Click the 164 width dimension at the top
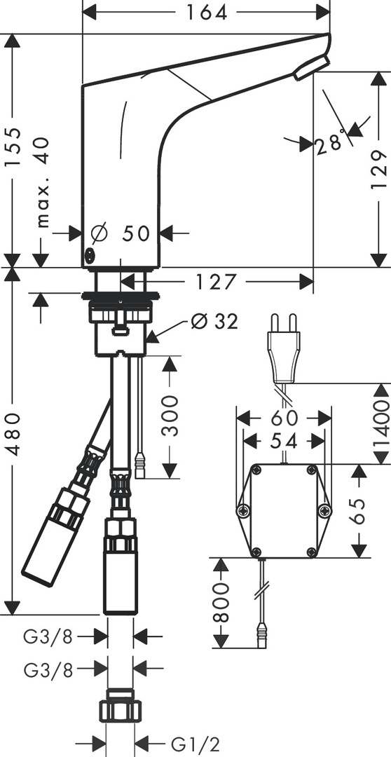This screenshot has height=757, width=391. click(x=207, y=13)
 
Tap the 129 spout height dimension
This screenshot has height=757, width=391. click(x=379, y=169)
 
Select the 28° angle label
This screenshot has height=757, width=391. click(x=331, y=140)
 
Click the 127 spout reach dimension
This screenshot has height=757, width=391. click(x=217, y=282)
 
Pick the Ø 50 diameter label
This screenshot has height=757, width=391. click(x=121, y=233)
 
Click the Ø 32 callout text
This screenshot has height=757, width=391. click(x=214, y=321)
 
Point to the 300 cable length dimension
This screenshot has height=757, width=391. click(x=170, y=416)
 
